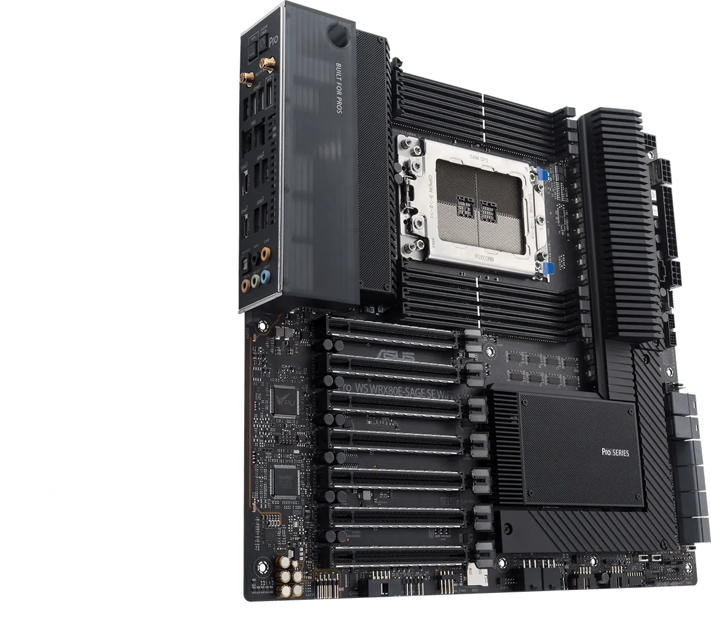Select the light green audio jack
[245, 285]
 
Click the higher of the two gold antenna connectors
[268, 63]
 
